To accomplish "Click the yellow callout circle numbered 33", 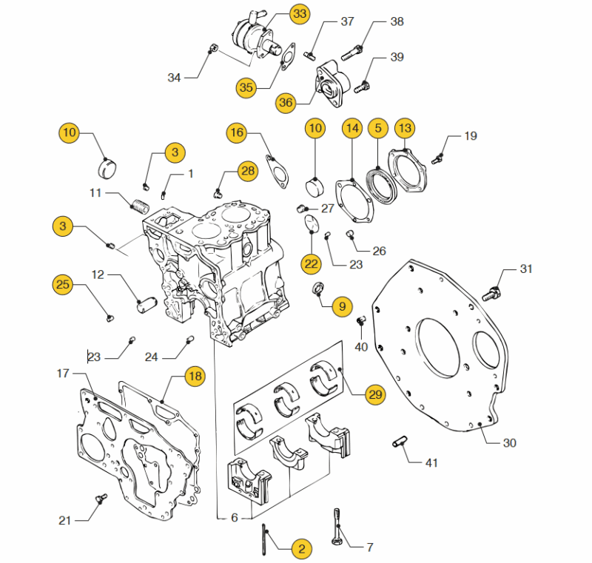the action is point(300,14).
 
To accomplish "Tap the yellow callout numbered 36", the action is point(286,102).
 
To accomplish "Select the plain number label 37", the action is point(347,21).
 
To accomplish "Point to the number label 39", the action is point(397,57).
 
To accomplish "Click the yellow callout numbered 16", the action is point(237,132).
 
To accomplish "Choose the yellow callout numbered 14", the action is point(352,128).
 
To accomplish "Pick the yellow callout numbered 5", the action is point(378,128).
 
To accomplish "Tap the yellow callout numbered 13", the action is point(405,128).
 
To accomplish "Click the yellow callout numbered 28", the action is point(248,171).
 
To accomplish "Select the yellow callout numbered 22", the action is point(311,263).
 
